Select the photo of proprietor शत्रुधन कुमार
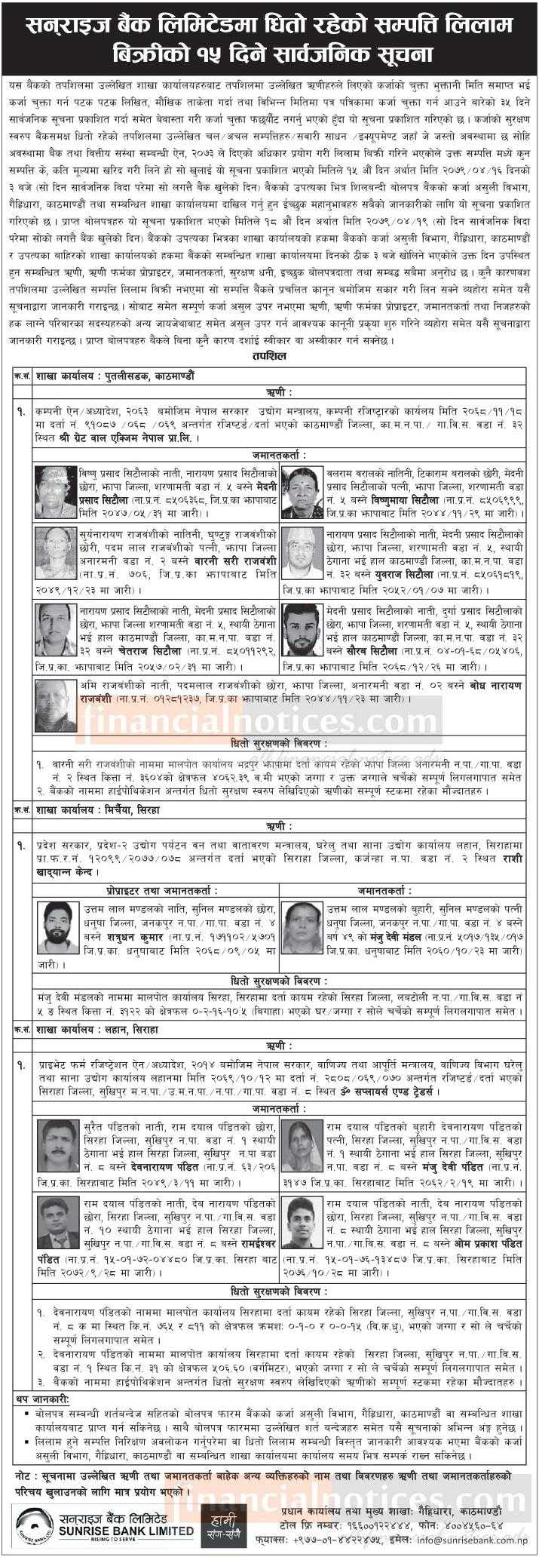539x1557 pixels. click(58, 924)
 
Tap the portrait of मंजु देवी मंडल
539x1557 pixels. click(302, 924)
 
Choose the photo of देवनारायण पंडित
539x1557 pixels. click(58, 1146)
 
